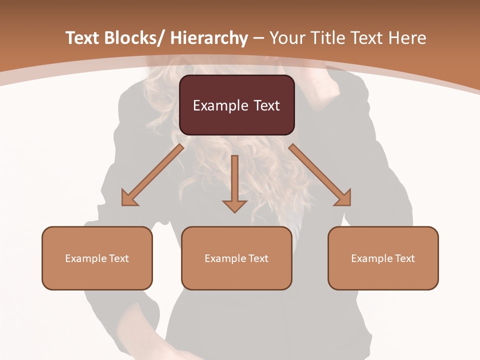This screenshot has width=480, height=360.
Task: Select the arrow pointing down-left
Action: tap(152, 175)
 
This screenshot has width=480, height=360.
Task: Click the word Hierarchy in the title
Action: tap(209, 38)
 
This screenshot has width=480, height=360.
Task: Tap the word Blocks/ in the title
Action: tap(134, 38)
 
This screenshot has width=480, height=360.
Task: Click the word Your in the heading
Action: tap(286, 38)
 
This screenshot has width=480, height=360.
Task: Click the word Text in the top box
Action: tap(267, 106)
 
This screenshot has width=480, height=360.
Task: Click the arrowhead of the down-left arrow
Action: tap(129, 198)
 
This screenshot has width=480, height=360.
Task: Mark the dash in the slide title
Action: tap(258, 38)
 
